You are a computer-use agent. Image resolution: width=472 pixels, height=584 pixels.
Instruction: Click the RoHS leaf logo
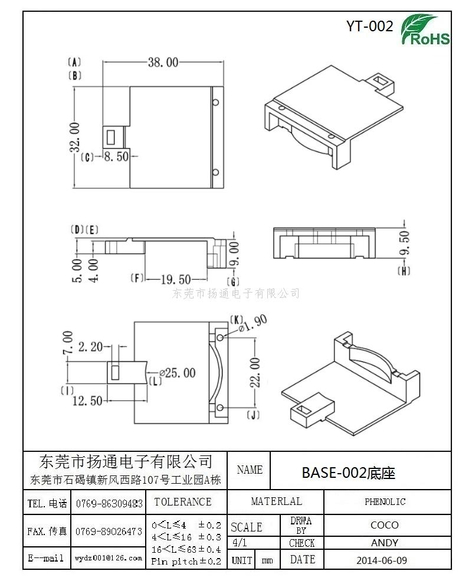coord(425,30)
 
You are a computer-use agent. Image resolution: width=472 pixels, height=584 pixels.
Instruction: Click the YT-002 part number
coord(369,27)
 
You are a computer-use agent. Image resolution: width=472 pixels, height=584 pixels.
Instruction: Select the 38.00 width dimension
coord(163,62)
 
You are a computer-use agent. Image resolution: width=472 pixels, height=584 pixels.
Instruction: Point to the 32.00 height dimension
coord(75,137)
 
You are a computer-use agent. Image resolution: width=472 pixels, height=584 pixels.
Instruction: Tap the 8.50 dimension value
coord(116,156)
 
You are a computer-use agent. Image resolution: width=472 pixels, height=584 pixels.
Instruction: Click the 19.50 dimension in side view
coord(175,280)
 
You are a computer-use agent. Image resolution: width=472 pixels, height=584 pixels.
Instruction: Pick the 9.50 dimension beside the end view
coord(404,243)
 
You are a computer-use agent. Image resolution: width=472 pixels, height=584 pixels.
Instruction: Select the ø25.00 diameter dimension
coord(178,372)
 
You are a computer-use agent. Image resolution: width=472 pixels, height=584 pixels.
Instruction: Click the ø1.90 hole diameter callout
coord(253,324)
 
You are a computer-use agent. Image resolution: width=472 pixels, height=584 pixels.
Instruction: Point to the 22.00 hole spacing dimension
coord(255,372)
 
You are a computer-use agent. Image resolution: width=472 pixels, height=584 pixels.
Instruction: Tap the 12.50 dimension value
coord(87,401)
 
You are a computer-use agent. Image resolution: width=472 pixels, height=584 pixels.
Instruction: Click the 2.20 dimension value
coord(90,347)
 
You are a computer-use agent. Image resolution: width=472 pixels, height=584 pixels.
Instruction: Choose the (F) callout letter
coord(137,278)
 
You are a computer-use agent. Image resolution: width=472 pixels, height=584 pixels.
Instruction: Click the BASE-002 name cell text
coord(348,473)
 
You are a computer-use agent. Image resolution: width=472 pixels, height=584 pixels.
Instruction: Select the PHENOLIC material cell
coord(385,501)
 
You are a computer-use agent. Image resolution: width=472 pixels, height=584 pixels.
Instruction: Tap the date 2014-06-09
coord(382,560)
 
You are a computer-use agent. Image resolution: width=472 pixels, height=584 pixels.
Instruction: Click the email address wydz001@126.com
coord(109,558)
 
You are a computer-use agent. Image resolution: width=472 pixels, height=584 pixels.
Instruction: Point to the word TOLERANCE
coord(183,501)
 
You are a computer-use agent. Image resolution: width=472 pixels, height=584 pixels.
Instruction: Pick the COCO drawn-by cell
coord(385,525)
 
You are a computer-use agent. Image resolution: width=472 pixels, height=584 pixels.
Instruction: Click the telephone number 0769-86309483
coord(109,504)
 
